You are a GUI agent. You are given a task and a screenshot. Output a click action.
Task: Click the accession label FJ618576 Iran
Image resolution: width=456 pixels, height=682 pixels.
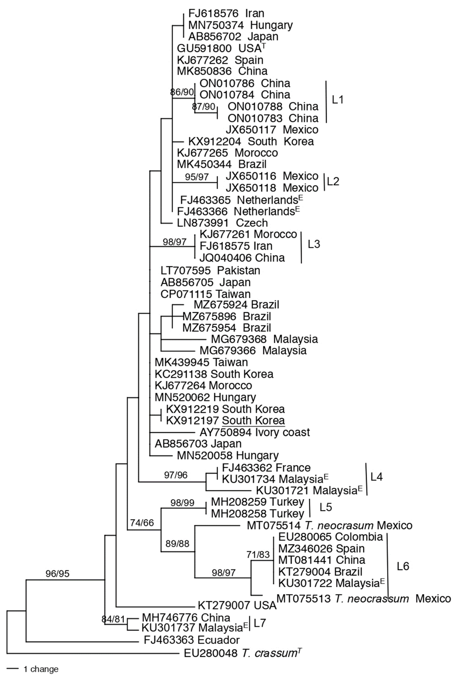click(x=226, y=13)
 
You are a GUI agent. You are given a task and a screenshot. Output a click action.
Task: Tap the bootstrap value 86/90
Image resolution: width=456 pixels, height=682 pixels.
click(x=182, y=92)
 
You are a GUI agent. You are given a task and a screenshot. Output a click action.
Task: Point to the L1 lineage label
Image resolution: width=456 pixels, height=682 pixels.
click(x=338, y=100)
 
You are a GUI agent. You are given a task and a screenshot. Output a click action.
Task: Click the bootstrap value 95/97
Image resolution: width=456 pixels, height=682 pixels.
click(x=197, y=177)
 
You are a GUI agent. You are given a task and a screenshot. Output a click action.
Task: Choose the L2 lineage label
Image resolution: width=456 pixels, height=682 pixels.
click(x=333, y=181)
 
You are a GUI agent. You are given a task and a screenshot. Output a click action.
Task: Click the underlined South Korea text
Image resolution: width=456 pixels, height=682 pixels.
click(x=253, y=421)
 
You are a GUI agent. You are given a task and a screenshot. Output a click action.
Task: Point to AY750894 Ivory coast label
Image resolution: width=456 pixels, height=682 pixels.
click(x=254, y=432)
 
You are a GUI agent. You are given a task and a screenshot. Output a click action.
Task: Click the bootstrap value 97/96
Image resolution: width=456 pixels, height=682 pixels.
click(x=176, y=475)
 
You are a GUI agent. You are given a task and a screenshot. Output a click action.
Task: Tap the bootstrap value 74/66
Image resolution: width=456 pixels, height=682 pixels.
click(x=142, y=523)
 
